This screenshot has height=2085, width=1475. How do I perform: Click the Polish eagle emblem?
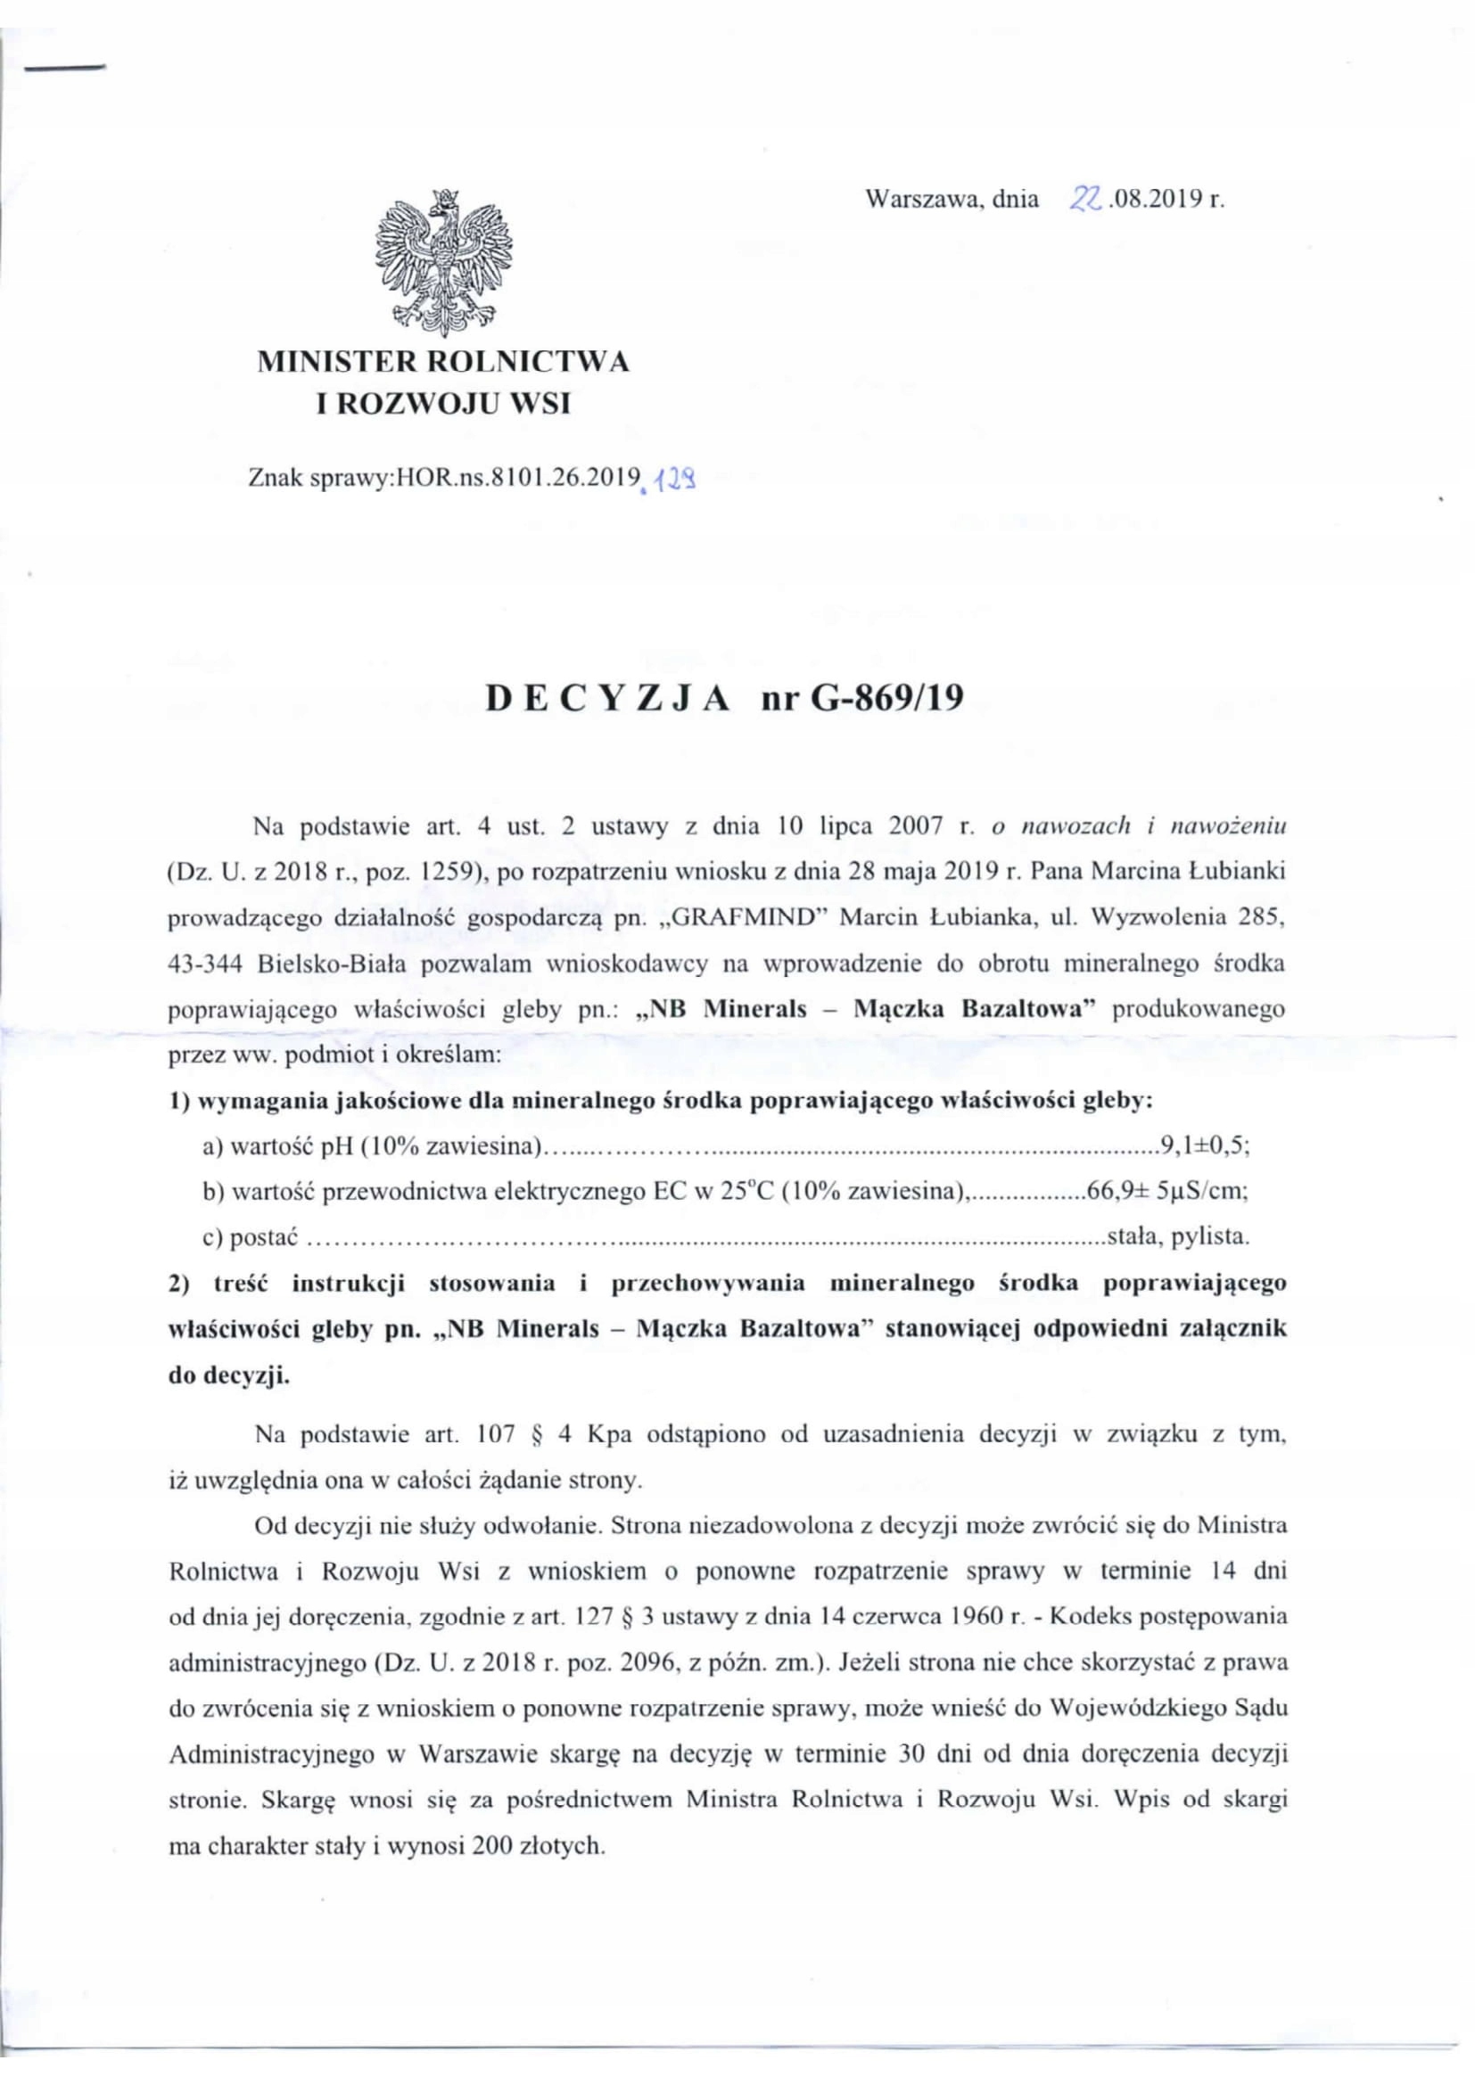[443, 261]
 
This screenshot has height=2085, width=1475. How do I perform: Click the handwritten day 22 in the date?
[1085, 199]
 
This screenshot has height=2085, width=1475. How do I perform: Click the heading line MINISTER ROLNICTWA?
[443, 361]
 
